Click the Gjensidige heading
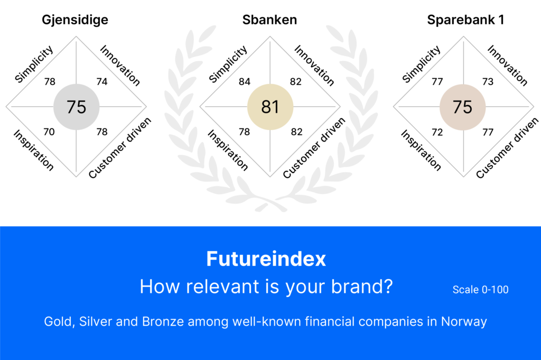point(75,20)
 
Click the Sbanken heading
point(269,20)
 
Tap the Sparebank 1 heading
point(465,20)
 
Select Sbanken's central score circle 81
point(270,107)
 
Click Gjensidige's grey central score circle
point(76,107)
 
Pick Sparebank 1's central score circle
point(462,107)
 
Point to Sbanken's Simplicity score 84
point(244,81)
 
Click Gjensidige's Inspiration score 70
point(49,132)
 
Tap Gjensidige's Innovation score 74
point(102,81)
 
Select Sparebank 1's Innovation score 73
point(488,81)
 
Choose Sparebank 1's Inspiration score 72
point(437,132)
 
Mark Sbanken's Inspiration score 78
point(244,132)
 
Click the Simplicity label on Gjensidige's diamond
point(34,64)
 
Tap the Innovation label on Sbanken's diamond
point(314,65)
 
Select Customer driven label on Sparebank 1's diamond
point(507,147)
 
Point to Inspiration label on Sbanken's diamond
point(228,150)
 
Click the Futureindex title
point(266,259)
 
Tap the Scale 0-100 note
point(480,290)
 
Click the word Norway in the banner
point(464,322)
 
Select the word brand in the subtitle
point(362,287)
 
